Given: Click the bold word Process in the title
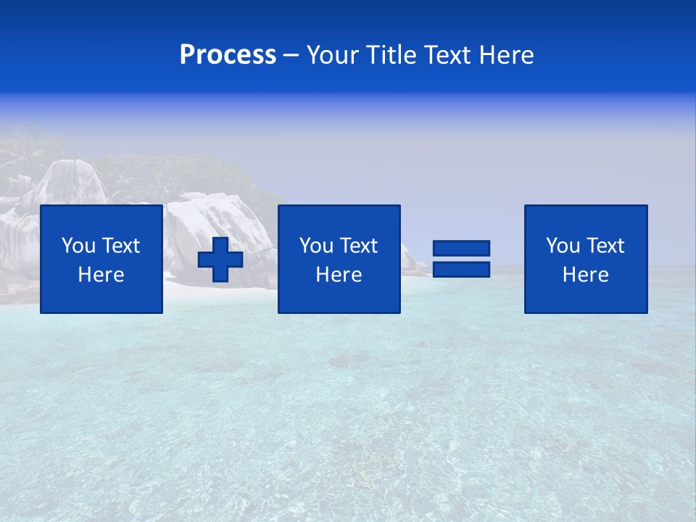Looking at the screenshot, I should coord(228,55).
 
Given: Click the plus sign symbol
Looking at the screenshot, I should coord(220,260).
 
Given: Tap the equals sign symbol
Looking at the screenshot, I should coord(461,259).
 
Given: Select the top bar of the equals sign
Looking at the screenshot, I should coord(461,249).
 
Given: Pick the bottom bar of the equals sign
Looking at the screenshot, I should coord(461,269).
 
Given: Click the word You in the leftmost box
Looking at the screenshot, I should coord(78,246).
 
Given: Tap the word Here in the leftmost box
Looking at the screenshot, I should coord(101,275).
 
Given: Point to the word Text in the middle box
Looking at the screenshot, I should coord(358,246).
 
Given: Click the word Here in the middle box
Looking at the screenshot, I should coord(339,275).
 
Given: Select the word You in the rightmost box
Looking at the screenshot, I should coord(563,246).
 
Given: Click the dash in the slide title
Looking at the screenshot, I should coord(291,56).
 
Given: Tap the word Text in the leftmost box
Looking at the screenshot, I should coord(120,246).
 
